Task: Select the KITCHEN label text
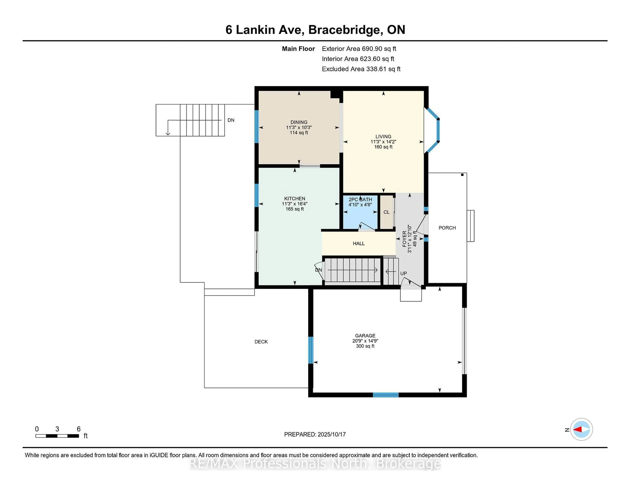point(294,199)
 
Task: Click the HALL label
point(358,243)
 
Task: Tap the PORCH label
point(447,228)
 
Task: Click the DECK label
point(261,342)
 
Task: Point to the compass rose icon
point(581,429)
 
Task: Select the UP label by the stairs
point(403,273)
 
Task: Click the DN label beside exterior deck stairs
point(231,120)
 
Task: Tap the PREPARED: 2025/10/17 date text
point(315,434)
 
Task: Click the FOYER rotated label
point(404,239)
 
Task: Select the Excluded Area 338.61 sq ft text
point(361,69)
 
